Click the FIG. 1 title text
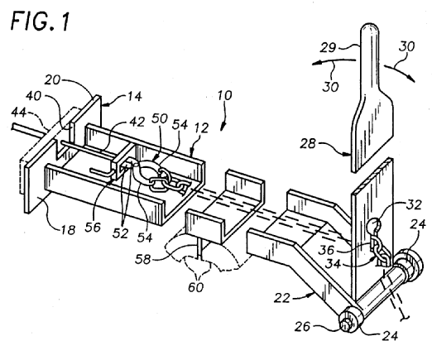click(40, 21)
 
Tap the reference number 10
click(224, 96)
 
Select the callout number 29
click(328, 48)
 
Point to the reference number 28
click(308, 143)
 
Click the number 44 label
click(19, 113)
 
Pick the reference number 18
click(68, 229)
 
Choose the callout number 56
click(93, 227)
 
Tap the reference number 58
click(143, 259)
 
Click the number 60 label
click(196, 287)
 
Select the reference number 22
click(281, 298)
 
